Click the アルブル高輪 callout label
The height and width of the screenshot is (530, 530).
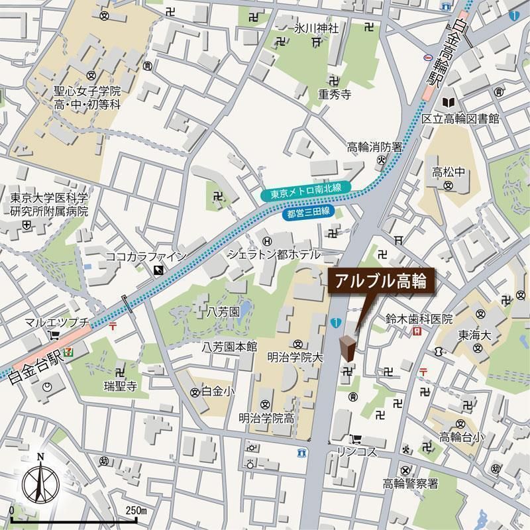point(381,280)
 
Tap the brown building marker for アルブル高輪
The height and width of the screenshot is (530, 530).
point(347,348)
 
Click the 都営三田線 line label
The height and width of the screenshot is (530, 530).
point(309,213)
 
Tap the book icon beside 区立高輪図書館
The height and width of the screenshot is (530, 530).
point(449,103)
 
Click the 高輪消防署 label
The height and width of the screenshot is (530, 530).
point(374,147)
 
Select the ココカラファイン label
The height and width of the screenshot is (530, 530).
point(146,256)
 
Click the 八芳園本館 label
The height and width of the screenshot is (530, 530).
point(229,346)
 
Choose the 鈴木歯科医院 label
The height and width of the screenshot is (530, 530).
point(419,319)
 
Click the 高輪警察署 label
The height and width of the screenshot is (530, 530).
point(410,484)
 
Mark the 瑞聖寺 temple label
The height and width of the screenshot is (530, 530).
point(119,386)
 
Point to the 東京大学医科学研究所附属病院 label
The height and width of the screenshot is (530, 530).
point(49,205)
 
